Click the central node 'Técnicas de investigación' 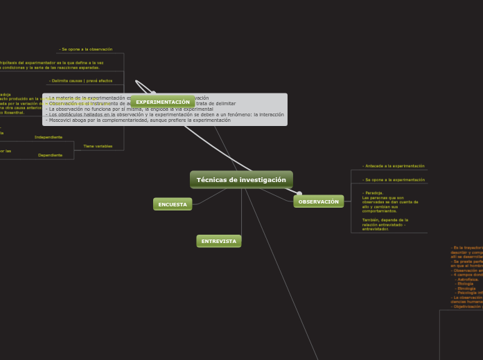241,180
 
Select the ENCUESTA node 173,204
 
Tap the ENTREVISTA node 219,241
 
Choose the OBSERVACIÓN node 319,201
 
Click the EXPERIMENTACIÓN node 163,102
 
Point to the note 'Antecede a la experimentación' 394,166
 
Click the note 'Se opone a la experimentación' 394,179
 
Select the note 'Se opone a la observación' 87,49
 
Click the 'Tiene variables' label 98,146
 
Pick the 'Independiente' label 49,137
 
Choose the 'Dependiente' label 50,155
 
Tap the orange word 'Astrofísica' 467,279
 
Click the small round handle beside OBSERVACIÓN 299,194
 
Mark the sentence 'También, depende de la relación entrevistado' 384,222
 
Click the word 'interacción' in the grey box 270,114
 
